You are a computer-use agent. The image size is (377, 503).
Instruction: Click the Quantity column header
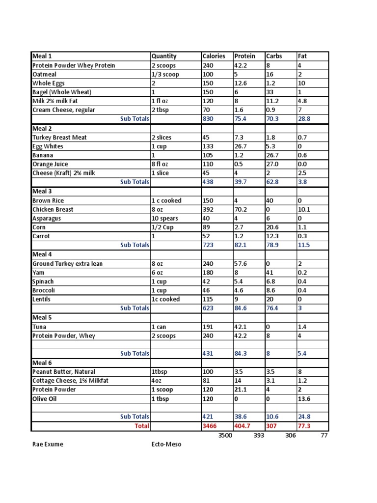[164, 56]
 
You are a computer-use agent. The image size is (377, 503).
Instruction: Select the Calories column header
[214, 56]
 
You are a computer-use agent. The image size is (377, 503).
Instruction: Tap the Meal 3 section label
[42, 191]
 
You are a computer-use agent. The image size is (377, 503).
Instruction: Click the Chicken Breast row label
[53, 209]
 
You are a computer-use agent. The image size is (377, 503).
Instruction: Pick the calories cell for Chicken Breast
[208, 209]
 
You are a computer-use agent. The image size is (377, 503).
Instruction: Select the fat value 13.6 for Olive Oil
[304, 399]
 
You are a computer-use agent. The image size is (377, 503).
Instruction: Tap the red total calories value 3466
[210, 426]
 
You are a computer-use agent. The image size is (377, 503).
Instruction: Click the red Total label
[142, 426]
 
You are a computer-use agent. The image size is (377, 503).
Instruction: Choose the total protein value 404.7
[244, 426]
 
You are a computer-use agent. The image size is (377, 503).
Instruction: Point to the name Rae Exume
[48, 444]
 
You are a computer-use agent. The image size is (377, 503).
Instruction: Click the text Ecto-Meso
[166, 444]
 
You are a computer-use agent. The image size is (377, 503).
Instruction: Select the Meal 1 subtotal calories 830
[208, 119]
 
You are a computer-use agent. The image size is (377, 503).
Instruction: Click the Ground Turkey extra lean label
[67, 264]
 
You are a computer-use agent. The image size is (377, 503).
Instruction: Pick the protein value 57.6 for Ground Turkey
[242, 264]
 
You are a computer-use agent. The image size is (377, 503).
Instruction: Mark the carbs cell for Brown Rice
[269, 200]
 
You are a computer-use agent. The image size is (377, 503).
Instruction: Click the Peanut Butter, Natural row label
[64, 372]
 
